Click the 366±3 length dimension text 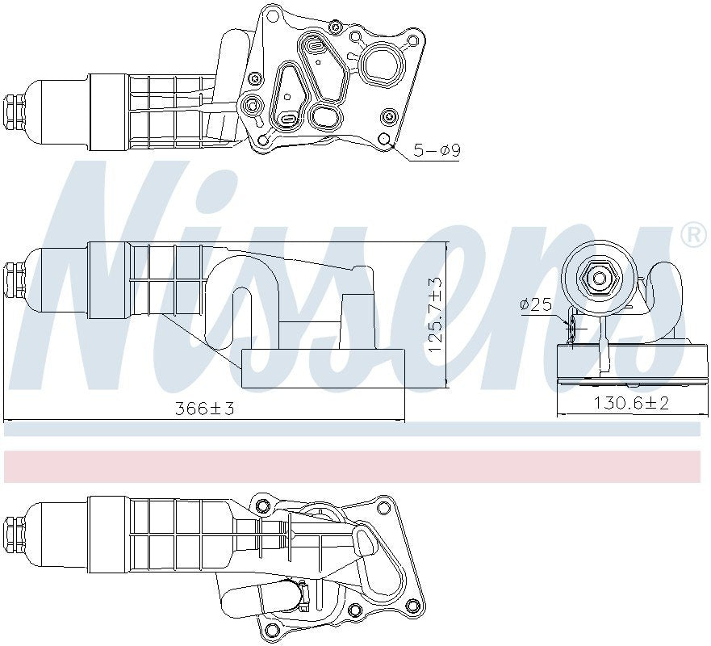tap(204, 409)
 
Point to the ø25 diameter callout tap(535, 305)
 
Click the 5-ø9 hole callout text tap(436, 150)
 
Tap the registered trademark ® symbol tap(693, 235)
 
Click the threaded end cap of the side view tap(14, 279)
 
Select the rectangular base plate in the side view tap(322, 368)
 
